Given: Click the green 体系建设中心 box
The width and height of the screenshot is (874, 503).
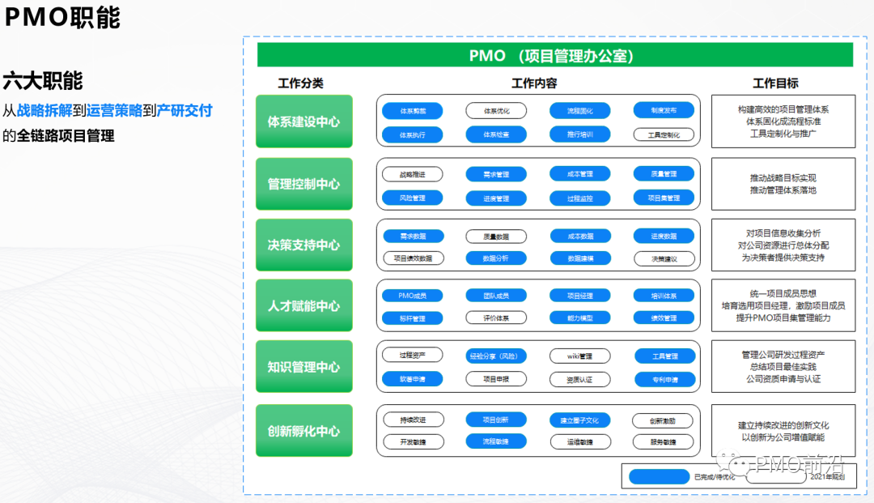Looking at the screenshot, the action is point(303,121).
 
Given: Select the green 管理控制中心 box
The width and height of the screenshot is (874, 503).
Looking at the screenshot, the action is point(303,184).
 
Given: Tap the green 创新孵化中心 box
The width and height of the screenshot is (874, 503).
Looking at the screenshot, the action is point(303,431).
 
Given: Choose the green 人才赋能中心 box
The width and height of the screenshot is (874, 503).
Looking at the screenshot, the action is point(303,306).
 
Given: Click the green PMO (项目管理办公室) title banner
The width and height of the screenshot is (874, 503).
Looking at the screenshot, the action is point(554,55).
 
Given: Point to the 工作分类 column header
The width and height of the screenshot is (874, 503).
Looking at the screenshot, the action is point(300,83).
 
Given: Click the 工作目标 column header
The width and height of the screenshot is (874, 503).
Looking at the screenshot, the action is point(775,83).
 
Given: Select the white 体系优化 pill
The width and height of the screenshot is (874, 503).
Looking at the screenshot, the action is point(496,110).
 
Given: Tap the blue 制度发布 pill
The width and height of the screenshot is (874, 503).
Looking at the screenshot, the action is point(663,110).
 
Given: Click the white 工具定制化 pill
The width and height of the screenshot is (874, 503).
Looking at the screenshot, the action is point(663,134).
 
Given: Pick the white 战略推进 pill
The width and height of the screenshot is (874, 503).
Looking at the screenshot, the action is point(413,174).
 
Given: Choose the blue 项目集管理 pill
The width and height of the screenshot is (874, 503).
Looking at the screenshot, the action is point(663,198).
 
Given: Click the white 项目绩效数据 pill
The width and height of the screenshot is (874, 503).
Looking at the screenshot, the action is point(413,258).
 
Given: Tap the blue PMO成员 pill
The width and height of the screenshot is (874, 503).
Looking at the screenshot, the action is point(413,296).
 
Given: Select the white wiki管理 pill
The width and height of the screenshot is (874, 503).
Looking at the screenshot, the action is point(579,356).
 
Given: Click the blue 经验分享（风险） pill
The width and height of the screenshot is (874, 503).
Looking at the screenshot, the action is point(496,356).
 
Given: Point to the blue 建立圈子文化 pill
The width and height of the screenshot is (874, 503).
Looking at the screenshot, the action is point(579,420).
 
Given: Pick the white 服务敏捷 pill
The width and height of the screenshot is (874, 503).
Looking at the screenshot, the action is point(663,442).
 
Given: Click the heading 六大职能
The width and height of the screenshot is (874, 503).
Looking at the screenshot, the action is point(42,81).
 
